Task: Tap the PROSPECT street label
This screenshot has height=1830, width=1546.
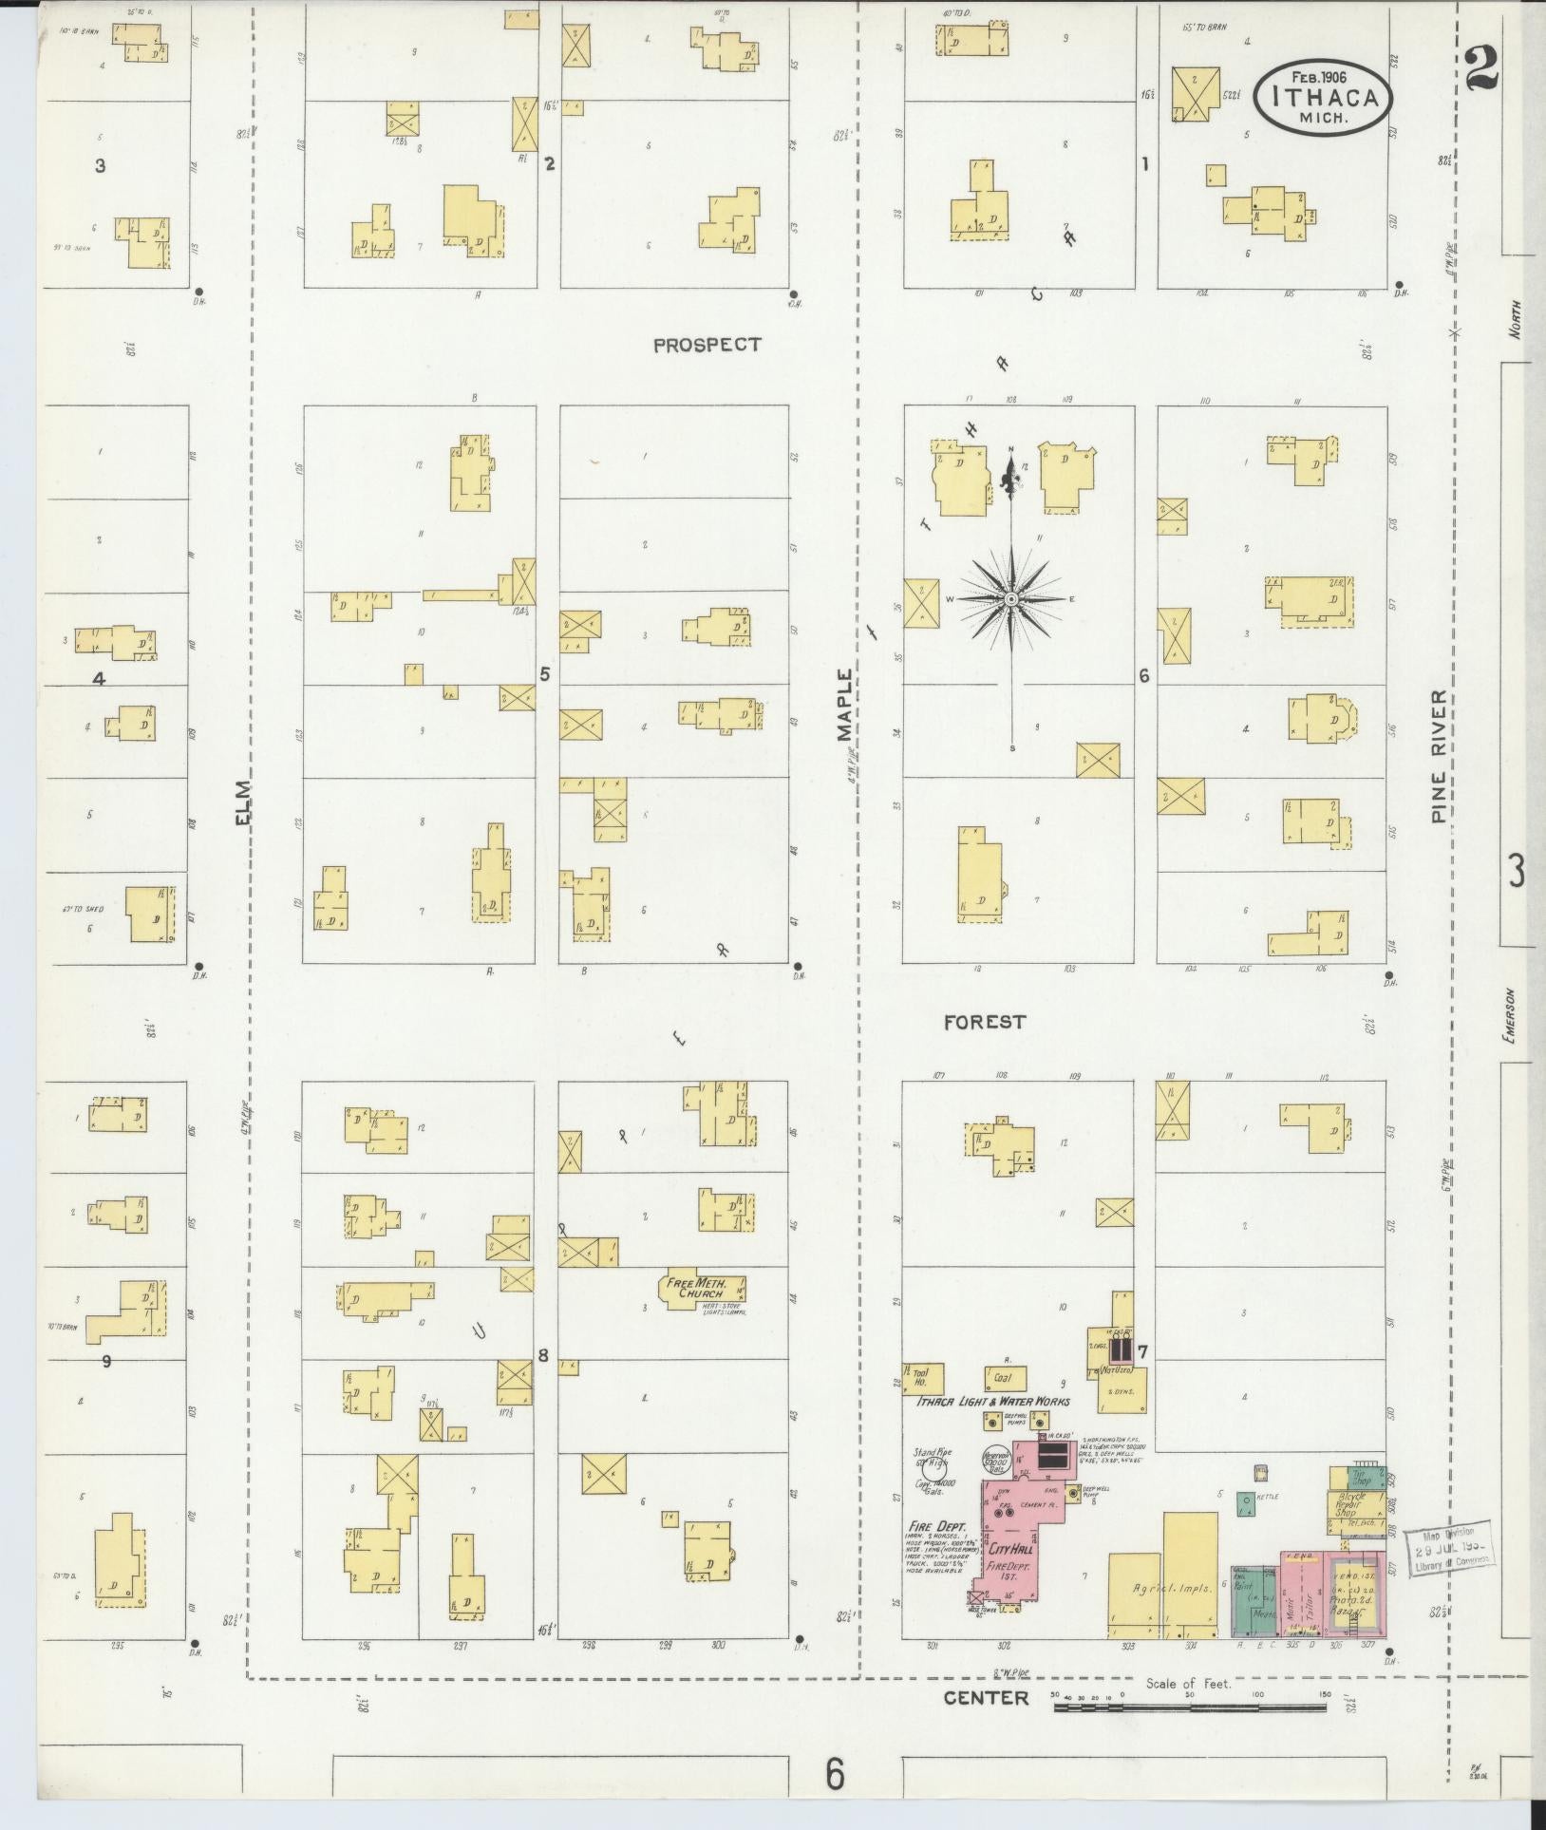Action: (x=707, y=345)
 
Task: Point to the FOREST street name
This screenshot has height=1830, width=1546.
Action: (x=984, y=1022)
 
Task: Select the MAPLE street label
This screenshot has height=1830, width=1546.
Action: (x=846, y=704)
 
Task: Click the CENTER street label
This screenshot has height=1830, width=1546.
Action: (x=986, y=1697)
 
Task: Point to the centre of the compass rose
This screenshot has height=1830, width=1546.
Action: (x=1011, y=599)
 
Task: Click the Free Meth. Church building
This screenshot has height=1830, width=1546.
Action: (x=703, y=1291)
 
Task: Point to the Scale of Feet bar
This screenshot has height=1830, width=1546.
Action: (x=1190, y=1707)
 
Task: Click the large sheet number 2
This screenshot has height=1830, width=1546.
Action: (x=1481, y=68)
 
